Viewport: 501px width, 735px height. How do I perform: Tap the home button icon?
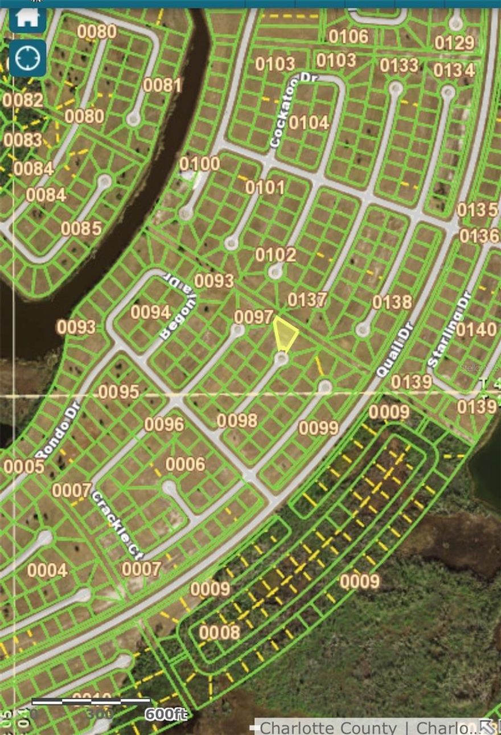[x=27, y=18]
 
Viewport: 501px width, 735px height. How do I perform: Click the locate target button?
[x=27, y=58]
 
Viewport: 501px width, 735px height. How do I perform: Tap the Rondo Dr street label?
[x=56, y=430]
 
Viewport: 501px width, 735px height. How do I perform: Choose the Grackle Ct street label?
[x=117, y=525]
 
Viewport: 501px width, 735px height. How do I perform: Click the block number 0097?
[x=254, y=317]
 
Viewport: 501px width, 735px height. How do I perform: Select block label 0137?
[x=307, y=299]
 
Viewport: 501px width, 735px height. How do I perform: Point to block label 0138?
[x=392, y=302]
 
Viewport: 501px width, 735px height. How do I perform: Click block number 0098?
[x=237, y=421]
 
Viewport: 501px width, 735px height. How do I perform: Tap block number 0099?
[x=318, y=428]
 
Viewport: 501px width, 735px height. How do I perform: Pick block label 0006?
[x=185, y=464]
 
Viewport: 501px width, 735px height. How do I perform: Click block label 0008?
[x=219, y=632]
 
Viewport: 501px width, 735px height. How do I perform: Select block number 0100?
[x=199, y=164]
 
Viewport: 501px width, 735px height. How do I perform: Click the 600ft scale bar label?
[x=165, y=714]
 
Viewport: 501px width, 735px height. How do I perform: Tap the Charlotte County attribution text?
[x=328, y=728]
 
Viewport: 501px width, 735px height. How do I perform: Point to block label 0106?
[x=348, y=36]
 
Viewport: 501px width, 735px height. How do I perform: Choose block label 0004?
[x=47, y=570]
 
